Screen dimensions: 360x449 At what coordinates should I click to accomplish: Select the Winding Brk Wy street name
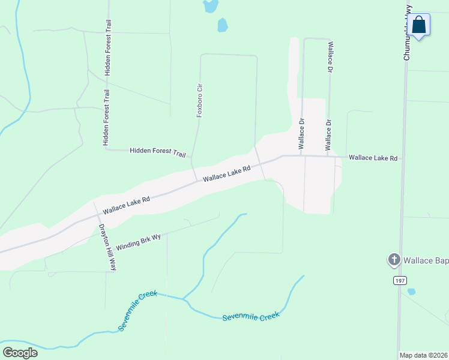click(139, 242)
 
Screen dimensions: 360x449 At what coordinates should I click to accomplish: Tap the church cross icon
click(394, 260)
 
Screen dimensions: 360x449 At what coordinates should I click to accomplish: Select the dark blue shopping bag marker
click(419, 26)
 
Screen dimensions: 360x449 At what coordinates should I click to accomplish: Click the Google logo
click(20, 352)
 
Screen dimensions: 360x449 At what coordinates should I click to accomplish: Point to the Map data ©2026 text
click(423, 355)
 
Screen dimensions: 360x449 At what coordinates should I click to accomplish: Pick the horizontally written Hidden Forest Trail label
click(158, 152)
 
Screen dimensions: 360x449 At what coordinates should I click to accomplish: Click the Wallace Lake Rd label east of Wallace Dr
click(373, 158)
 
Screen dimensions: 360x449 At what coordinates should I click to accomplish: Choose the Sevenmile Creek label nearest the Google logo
click(137, 311)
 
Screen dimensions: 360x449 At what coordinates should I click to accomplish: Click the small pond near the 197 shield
click(411, 292)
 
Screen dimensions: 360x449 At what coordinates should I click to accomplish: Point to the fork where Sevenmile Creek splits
click(183, 298)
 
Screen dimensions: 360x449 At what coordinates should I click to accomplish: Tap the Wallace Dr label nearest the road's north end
click(330, 58)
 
